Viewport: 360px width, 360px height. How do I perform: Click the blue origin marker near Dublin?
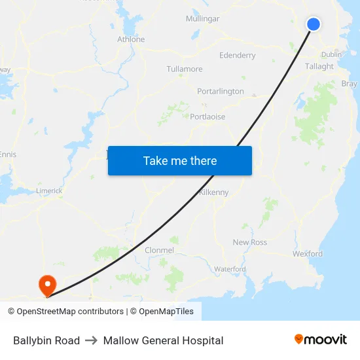(314, 24)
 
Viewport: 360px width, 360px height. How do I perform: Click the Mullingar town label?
(202, 18)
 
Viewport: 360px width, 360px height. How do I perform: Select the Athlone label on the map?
(130, 39)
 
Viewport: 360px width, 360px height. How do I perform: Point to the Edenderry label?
(237, 56)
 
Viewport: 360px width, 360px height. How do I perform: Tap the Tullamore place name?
(185, 69)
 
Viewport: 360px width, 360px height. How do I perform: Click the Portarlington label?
(221, 92)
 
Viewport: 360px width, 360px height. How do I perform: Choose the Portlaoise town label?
(207, 117)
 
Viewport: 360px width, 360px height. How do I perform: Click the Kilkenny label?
(213, 192)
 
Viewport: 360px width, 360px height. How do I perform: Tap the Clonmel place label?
(159, 250)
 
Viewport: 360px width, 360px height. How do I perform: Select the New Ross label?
(250, 242)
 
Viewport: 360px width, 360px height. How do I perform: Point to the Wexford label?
(308, 253)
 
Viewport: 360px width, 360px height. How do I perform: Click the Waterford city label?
(230, 269)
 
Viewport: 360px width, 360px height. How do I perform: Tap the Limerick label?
(49, 190)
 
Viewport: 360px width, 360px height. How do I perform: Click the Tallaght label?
(319, 66)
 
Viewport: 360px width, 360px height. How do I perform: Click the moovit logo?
(321, 340)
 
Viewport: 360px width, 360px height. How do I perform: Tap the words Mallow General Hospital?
(163, 340)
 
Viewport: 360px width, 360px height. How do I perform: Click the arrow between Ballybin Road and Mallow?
(92, 340)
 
